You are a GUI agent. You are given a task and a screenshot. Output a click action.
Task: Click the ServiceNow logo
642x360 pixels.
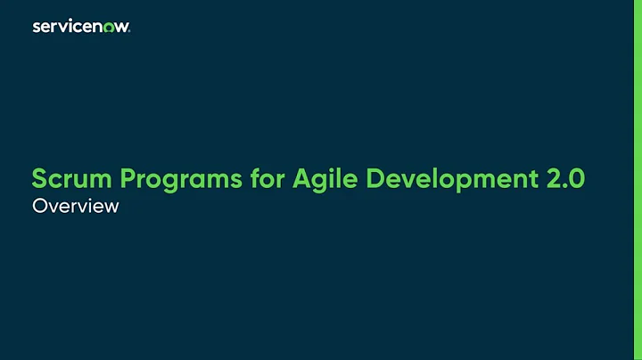pos(81,27)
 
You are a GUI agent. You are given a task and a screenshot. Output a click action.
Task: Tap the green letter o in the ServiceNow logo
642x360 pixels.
pos(111,28)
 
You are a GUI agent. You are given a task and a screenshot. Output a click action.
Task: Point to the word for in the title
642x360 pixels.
pos(268,179)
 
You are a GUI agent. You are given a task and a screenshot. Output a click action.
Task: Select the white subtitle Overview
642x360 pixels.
pos(75,207)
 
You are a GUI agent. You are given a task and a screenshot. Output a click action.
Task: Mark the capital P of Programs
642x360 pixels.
pos(127,179)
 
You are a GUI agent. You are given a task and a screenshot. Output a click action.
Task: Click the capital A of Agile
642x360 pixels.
pos(301,179)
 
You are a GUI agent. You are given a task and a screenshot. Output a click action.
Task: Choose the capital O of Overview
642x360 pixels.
pos(39,207)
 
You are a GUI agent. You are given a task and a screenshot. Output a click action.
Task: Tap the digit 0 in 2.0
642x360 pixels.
pos(577,179)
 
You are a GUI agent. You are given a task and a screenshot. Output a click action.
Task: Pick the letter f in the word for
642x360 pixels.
pos(253,178)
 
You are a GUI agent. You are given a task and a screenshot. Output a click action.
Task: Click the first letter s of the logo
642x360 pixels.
pos(37,28)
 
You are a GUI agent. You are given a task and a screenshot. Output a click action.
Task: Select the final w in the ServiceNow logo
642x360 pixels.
pos(123,28)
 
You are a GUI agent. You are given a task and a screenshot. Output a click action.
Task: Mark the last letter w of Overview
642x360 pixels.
pos(111,208)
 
